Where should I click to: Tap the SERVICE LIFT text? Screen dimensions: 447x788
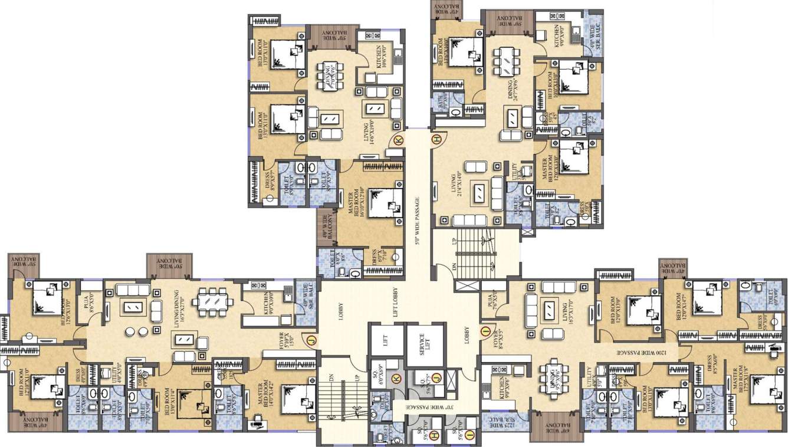(422, 340)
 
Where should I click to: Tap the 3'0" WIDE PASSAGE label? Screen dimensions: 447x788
(424, 406)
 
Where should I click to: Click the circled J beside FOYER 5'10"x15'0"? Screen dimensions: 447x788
(310, 339)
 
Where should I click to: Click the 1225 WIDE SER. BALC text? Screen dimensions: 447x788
(503, 422)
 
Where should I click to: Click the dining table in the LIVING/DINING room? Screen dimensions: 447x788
(212, 301)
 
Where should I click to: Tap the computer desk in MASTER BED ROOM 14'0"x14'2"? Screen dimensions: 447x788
(257, 420)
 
